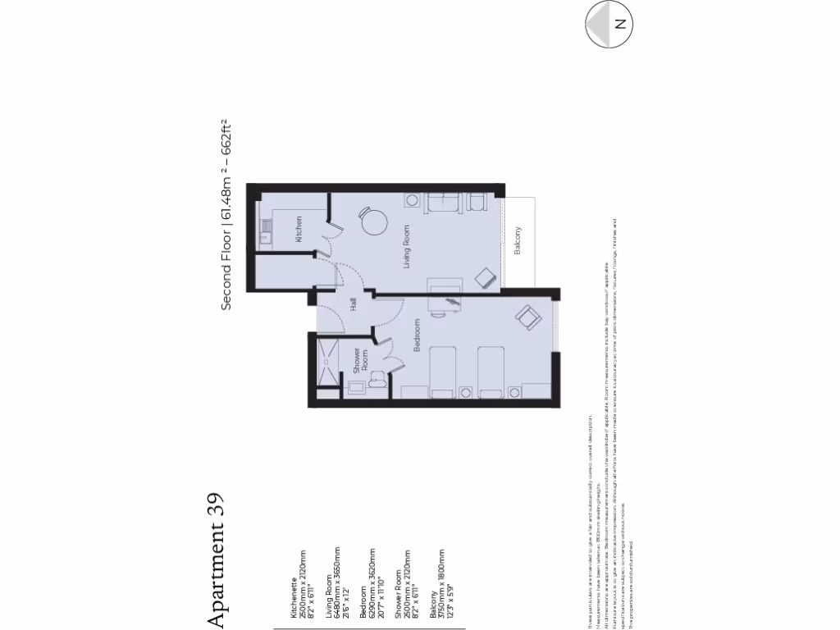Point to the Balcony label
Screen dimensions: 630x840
pyautogui.click(x=518, y=240)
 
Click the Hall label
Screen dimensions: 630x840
pyautogui.click(x=354, y=304)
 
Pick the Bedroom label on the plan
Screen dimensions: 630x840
pyautogui.click(x=417, y=335)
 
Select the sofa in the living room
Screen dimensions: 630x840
pyautogui.click(x=444, y=203)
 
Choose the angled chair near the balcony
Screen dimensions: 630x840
pyautogui.click(x=486, y=278)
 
